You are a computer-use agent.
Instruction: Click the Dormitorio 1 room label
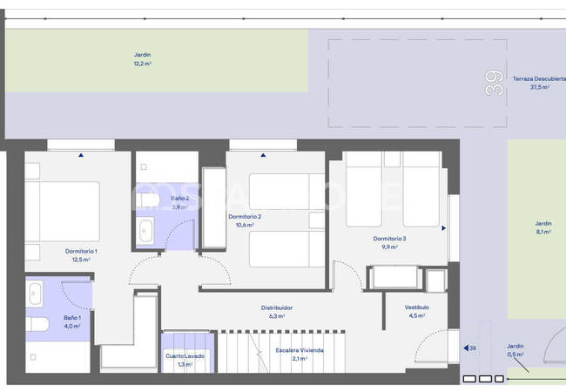[x=80, y=252]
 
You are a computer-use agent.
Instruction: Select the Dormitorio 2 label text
[x=245, y=217]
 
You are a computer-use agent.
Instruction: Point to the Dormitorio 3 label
[x=389, y=239]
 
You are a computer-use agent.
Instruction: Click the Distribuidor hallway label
[x=277, y=308]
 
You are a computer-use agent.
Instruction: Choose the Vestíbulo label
[x=416, y=308]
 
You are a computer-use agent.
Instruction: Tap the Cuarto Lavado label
[x=185, y=355]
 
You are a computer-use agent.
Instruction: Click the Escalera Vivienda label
[x=299, y=350]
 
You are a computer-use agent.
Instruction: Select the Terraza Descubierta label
[x=537, y=78]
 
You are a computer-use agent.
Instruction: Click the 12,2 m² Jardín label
[x=142, y=54]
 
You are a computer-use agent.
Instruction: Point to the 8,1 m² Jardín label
[x=542, y=224]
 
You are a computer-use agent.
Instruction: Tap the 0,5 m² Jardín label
[x=516, y=346]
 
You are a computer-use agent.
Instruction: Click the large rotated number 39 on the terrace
[x=495, y=84]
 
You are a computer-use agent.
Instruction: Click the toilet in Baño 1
[x=37, y=325]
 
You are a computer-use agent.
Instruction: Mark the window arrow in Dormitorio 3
[x=443, y=228]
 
